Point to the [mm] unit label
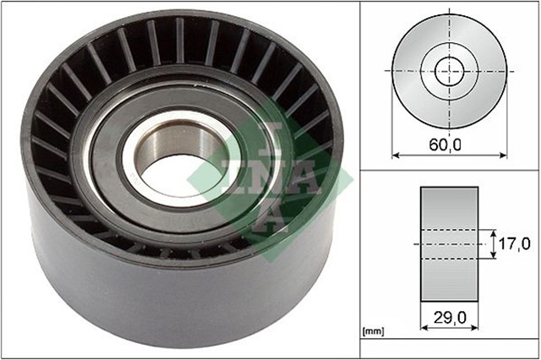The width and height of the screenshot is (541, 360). pos(373,332)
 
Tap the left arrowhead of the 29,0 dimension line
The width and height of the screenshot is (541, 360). pos(424,329)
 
